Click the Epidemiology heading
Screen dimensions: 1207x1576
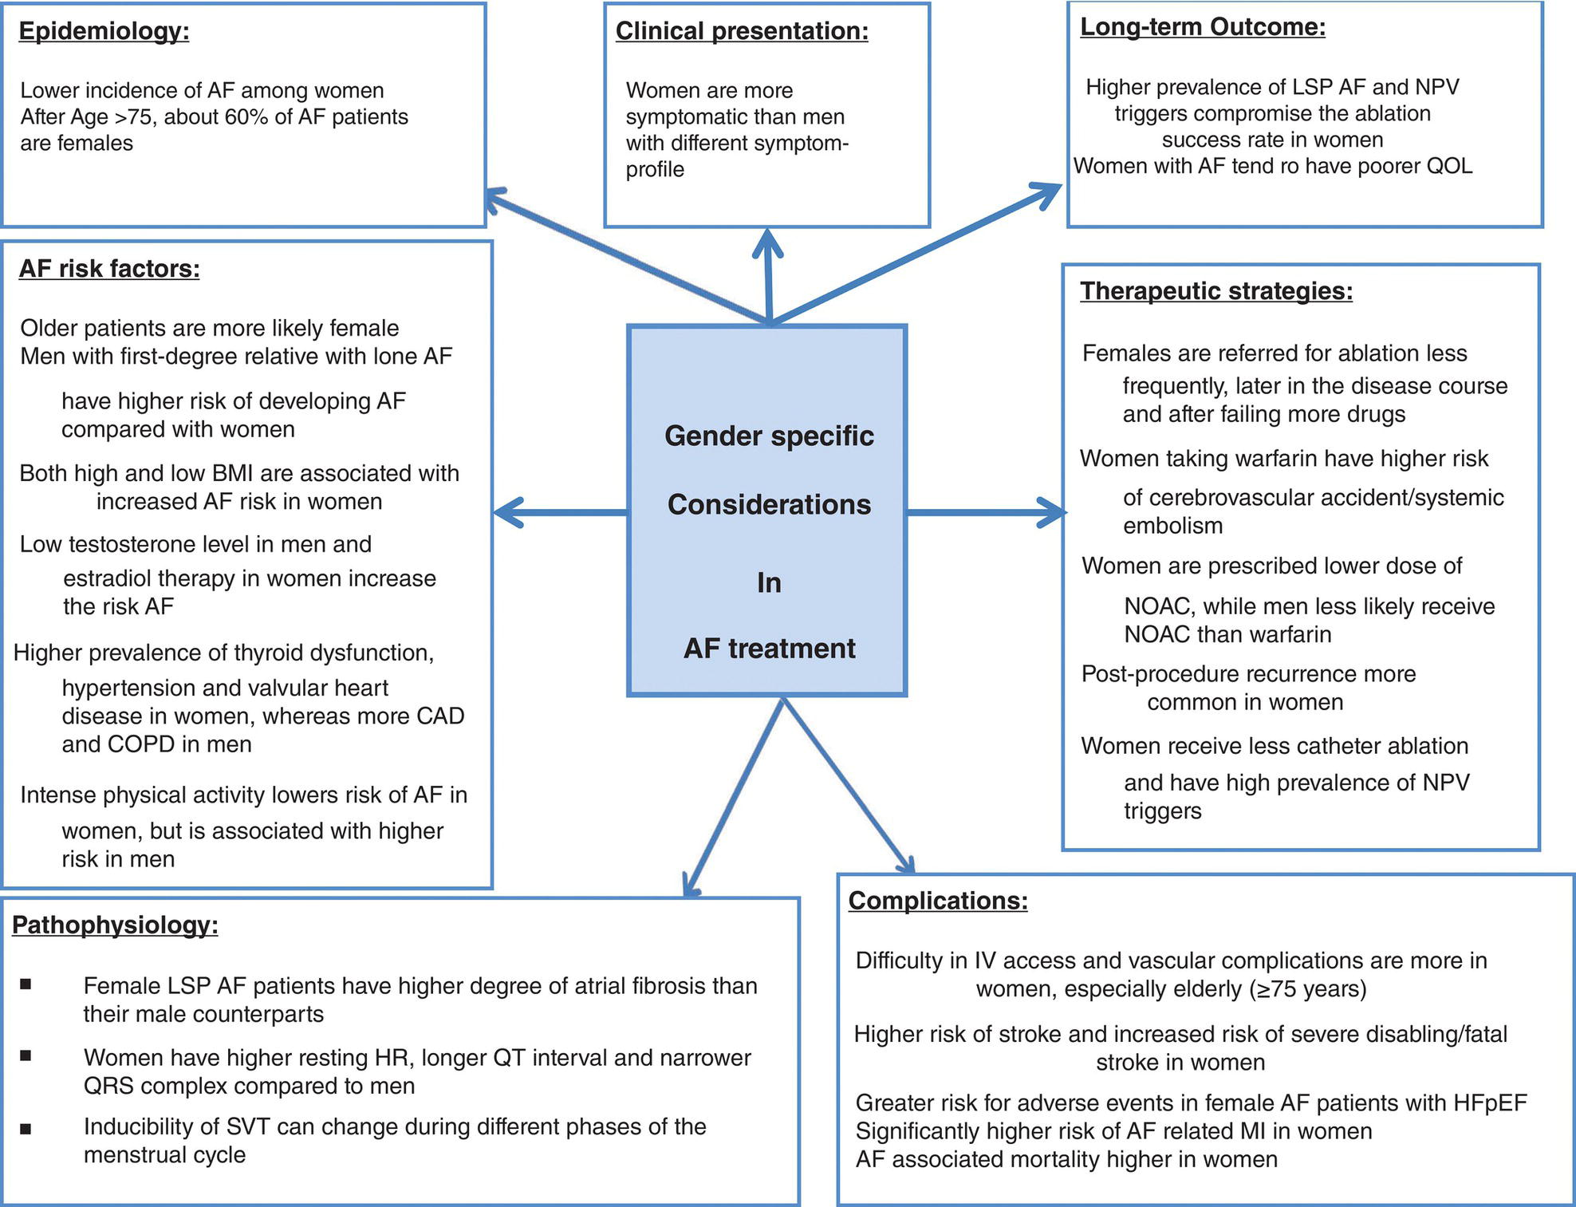[x=104, y=32]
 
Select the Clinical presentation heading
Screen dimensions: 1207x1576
[x=742, y=32]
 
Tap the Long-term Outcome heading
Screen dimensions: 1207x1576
[x=1203, y=28]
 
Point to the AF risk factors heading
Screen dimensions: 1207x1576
[x=109, y=269]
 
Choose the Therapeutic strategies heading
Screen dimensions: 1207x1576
[x=1216, y=291]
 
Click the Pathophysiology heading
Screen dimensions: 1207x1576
[x=115, y=925]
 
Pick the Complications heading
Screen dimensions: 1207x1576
[x=938, y=901]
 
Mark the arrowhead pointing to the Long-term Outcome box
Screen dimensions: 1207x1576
[x=1045, y=193]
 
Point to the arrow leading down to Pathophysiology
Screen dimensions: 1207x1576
[x=734, y=798]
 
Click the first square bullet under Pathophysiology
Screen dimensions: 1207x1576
[x=26, y=985]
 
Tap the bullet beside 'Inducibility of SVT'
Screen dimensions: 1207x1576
[x=26, y=1129]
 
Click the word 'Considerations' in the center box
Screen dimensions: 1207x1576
[x=769, y=505]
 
